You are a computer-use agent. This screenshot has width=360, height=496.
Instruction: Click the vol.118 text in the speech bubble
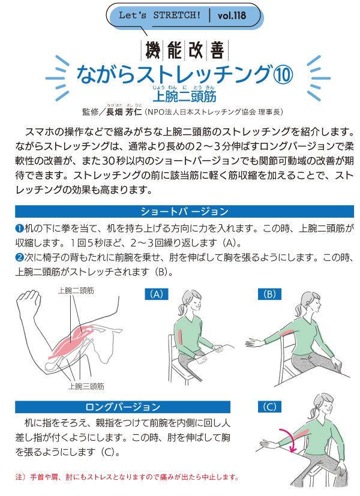[231, 16]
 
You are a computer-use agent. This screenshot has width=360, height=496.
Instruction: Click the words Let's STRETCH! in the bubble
[160, 15]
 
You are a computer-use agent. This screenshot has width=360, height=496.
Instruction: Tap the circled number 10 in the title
[283, 74]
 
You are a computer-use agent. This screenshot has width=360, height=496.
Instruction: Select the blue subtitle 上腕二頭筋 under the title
[184, 96]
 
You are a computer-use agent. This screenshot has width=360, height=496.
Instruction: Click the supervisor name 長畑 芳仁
[124, 112]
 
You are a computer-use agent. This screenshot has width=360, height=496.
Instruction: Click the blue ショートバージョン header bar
[184, 211]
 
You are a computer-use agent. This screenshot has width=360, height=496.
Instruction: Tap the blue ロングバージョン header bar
[123, 407]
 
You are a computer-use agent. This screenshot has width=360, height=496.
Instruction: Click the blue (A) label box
[157, 294]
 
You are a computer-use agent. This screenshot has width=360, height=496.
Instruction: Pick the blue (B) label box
[269, 294]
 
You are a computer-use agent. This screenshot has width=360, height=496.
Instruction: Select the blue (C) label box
[269, 407]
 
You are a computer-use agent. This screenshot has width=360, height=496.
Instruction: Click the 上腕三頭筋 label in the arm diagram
[86, 386]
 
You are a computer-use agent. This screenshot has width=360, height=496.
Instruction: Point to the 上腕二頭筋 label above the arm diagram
[76, 290]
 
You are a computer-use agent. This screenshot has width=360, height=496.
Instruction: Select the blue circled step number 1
[19, 228]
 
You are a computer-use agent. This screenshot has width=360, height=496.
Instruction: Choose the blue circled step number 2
[19, 257]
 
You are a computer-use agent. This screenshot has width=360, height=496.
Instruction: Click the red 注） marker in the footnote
[22, 477]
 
